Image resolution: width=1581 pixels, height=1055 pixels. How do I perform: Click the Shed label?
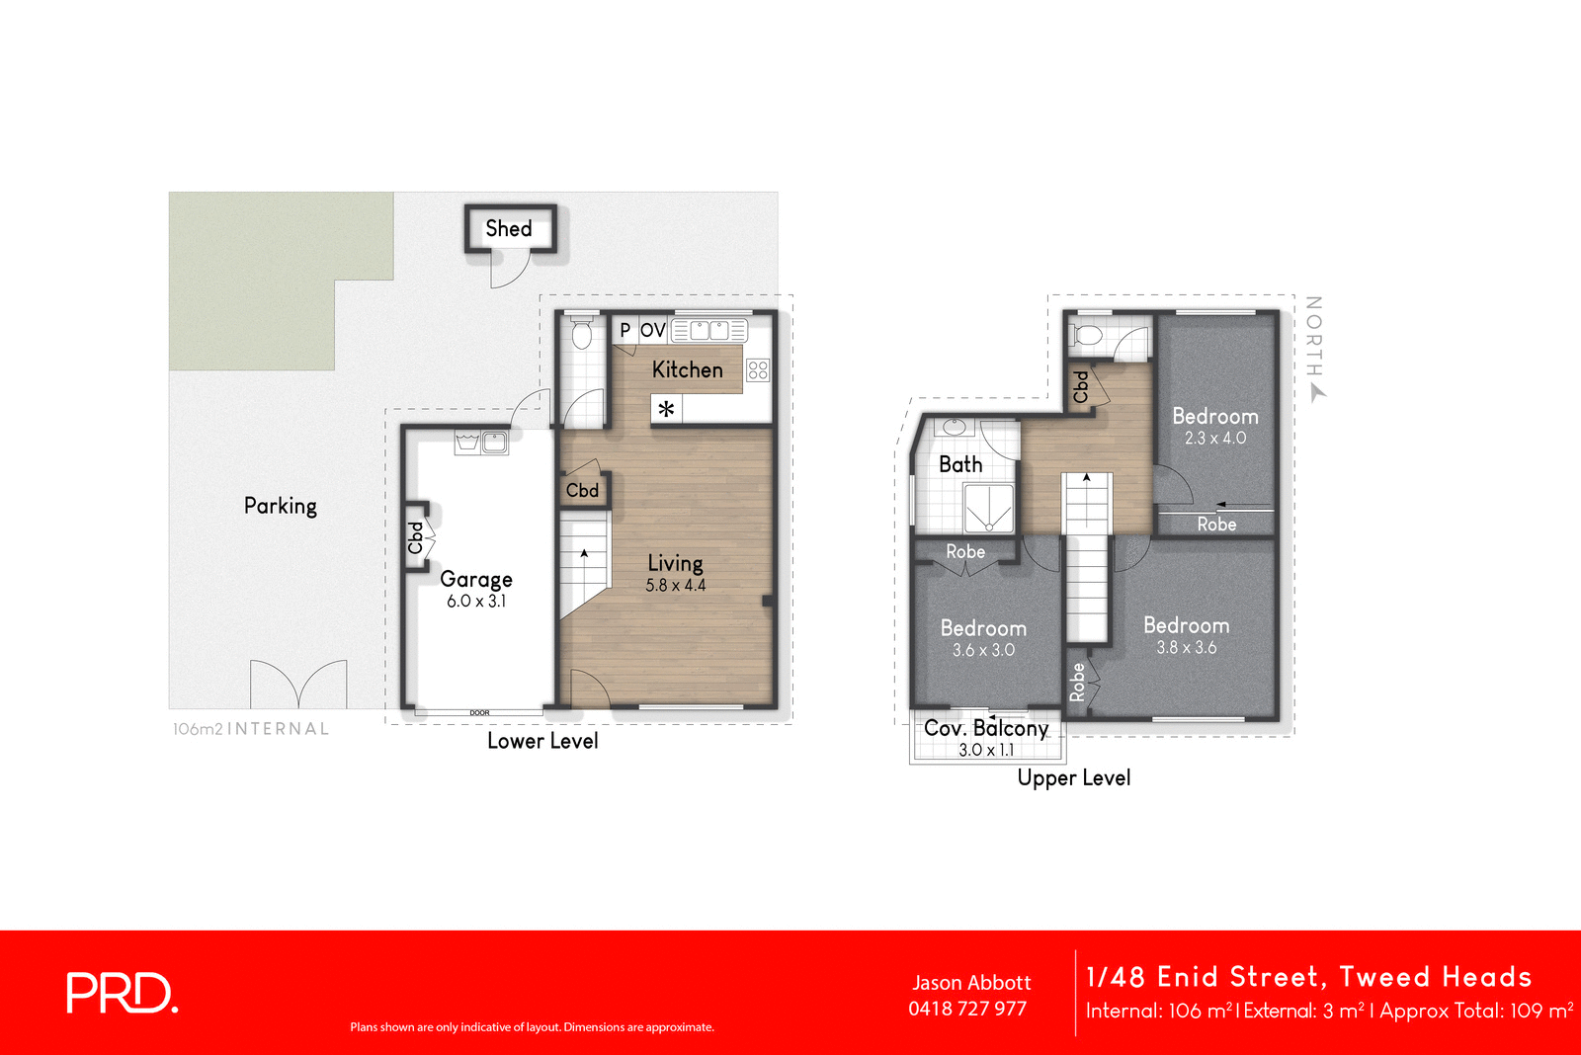[509, 229]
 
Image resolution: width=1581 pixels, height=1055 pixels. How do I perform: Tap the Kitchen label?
[688, 369]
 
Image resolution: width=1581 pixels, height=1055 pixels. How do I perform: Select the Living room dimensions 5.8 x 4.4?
[676, 586]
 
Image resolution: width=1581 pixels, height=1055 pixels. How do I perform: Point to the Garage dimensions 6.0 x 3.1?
[476, 602]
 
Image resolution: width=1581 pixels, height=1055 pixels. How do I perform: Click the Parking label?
[281, 506]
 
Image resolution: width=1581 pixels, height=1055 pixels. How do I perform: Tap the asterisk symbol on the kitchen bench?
[667, 409]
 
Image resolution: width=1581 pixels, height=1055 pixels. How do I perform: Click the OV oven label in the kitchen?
[653, 330]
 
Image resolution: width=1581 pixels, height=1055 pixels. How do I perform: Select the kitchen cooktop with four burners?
[758, 370]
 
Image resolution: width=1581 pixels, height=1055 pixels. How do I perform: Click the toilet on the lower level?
[581, 335]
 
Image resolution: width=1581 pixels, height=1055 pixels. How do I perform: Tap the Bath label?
[960, 464]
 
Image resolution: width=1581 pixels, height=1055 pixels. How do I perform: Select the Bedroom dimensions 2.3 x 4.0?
[1215, 439]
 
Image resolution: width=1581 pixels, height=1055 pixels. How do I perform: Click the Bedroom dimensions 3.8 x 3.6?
[1187, 648]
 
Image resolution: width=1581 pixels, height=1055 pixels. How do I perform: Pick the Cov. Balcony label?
[986, 729]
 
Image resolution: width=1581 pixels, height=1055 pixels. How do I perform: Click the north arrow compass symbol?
[1317, 393]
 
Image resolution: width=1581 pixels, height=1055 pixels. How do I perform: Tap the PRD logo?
[123, 993]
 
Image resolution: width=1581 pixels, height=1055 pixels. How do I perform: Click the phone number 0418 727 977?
[967, 1009]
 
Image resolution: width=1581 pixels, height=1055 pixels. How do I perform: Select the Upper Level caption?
[1074, 778]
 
